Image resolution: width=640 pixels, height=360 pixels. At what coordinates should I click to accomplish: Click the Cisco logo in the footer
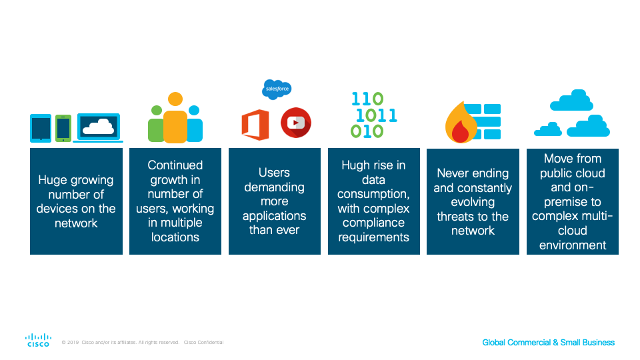coord(38,340)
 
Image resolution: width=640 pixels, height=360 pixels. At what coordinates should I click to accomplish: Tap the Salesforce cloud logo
coord(277,89)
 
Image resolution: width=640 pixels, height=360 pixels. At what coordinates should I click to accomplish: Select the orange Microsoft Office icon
coord(255,125)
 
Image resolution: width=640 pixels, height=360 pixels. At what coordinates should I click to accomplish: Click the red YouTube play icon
coord(296,123)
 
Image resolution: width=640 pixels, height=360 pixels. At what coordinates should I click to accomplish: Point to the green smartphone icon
coord(63,128)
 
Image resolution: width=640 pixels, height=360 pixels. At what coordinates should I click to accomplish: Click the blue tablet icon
coord(41,128)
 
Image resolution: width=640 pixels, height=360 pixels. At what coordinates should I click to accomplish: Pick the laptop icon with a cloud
coord(98,128)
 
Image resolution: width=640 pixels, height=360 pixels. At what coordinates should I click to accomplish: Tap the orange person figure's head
coord(175,99)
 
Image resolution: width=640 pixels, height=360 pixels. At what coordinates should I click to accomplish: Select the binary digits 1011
coord(376,115)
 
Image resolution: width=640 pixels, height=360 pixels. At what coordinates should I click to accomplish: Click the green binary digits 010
coord(367,131)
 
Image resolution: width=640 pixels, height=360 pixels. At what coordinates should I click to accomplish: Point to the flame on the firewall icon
coord(461,122)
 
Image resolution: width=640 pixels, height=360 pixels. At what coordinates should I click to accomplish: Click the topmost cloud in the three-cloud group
coord(571,100)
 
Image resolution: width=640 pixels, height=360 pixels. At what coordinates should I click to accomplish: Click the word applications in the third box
coord(274,216)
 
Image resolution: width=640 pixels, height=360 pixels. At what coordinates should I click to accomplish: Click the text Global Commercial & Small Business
coord(548,343)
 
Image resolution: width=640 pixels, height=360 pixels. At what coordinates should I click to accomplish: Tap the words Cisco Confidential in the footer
coord(204,343)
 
